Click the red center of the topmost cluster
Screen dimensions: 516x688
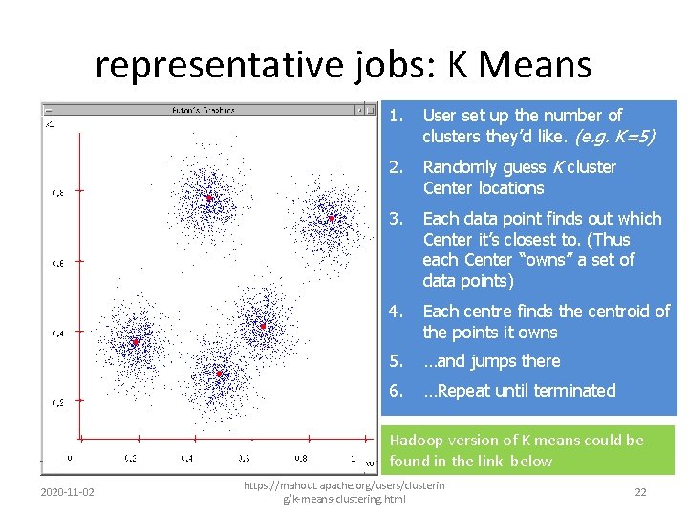pos(208,198)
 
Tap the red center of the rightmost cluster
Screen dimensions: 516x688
pos(331,218)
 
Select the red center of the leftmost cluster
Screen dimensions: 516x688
pos(136,341)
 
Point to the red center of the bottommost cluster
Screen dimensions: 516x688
pos(219,374)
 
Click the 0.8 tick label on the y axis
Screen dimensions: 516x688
pos(58,193)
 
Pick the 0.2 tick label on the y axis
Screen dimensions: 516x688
pos(58,402)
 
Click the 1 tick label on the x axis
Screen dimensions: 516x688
pos(352,459)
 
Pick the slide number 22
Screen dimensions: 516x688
pos(641,492)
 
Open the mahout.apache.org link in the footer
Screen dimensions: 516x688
pos(344,492)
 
